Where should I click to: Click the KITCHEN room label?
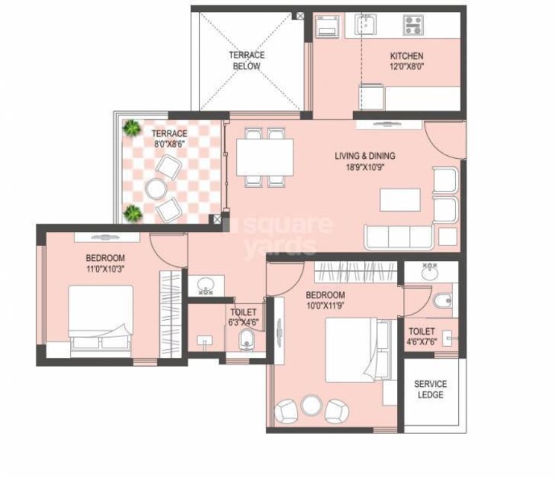(x=407, y=56)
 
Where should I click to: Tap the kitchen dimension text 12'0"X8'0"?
(x=407, y=66)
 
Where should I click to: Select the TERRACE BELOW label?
(x=246, y=60)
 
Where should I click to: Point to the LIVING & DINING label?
(x=365, y=156)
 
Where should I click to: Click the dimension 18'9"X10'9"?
(x=365, y=167)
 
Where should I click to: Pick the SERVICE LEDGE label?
(x=431, y=389)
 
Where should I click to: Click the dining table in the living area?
(x=265, y=157)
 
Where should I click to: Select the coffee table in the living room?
(x=400, y=200)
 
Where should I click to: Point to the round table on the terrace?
(x=155, y=190)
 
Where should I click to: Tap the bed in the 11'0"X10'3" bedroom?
(x=101, y=318)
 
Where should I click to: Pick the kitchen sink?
(x=366, y=26)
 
